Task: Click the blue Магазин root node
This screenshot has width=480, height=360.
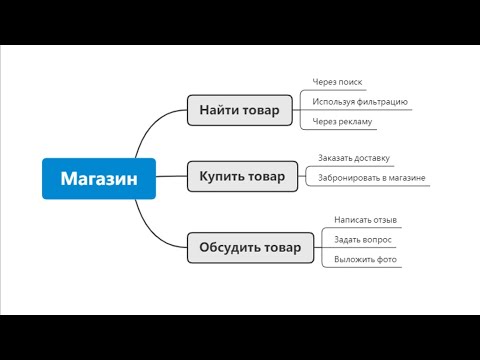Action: (x=99, y=178)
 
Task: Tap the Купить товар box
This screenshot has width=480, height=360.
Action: (x=242, y=177)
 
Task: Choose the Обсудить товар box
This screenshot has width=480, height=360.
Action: (x=249, y=247)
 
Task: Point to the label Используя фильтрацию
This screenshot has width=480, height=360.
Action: (x=359, y=102)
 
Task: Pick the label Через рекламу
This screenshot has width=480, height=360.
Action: (x=342, y=122)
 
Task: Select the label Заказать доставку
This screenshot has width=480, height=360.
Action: (x=353, y=158)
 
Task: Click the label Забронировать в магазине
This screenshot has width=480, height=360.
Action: (x=372, y=178)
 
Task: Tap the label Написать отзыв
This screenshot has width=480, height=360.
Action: (x=365, y=220)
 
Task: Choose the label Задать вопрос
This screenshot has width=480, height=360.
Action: (x=363, y=240)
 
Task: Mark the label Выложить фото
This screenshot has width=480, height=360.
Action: (x=365, y=260)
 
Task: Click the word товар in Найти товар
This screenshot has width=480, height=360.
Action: (x=261, y=109)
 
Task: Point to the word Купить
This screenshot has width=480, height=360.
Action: (x=220, y=177)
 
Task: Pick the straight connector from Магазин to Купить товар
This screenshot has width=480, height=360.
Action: (x=172, y=178)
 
